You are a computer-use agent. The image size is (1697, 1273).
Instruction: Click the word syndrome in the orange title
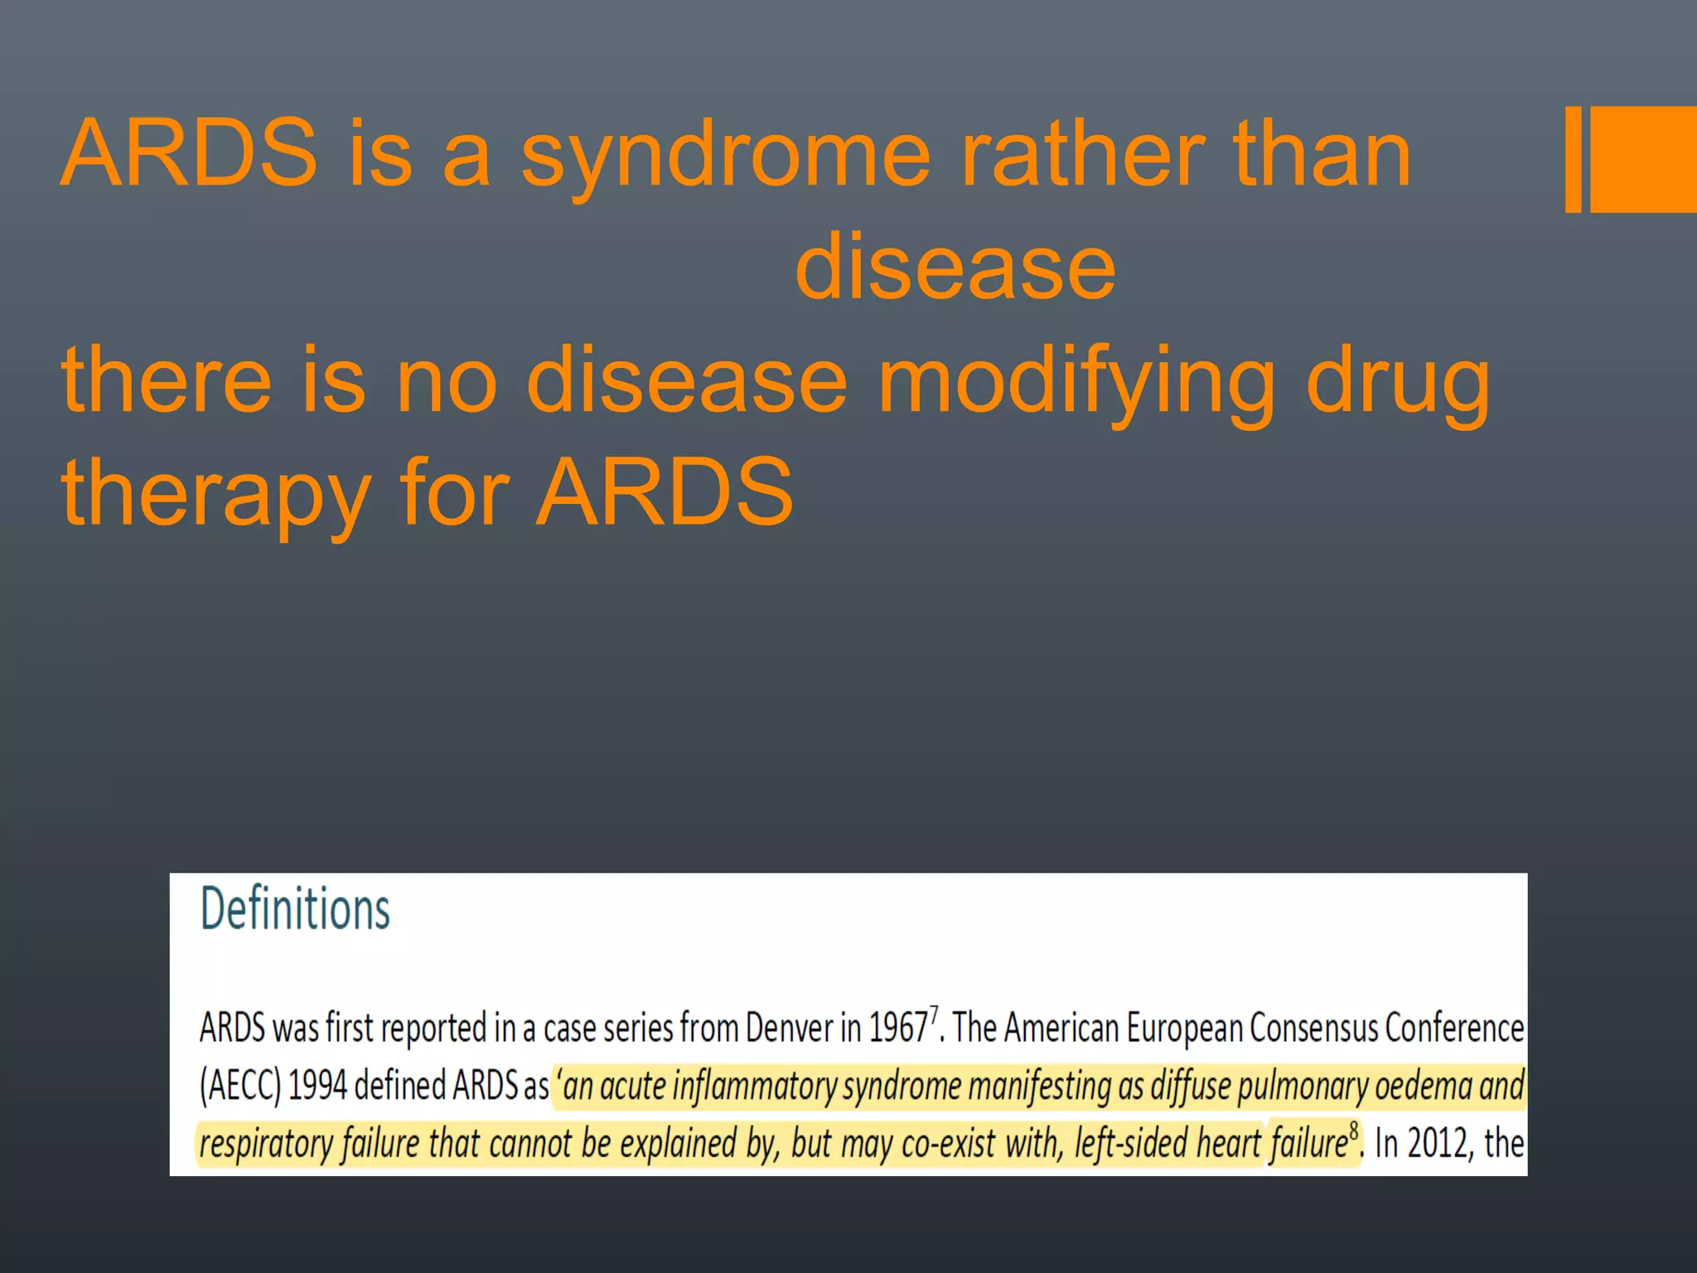click(x=726, y=156)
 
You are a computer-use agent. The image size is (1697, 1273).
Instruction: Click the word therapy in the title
click(x=215, y=496)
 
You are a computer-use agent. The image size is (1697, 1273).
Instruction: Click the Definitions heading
click(x=295, y=908)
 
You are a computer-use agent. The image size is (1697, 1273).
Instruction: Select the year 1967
click(x=897, y=1028)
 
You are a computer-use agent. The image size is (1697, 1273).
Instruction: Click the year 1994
click(x=317, y=1086)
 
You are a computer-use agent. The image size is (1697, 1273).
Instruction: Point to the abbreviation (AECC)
click(x=240, y=1086)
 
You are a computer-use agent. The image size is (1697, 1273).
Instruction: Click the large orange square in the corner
click(x=1643, y=159)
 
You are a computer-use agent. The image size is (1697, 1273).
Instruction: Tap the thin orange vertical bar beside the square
click(x=1573, y=159)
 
